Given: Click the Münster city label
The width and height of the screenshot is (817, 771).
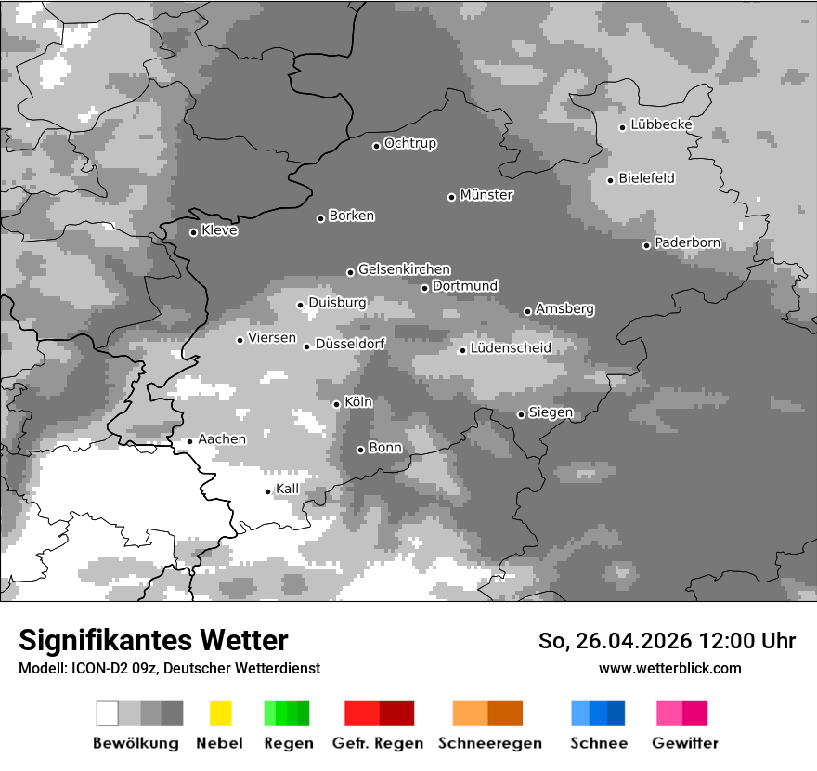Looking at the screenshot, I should pyautogui.click(x=486, y=195).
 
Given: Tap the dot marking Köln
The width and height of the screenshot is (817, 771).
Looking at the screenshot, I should pyautogui.click(x=336, y=404).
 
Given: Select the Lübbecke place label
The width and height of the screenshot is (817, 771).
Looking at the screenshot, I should pyautogui.click(x=661, y=124).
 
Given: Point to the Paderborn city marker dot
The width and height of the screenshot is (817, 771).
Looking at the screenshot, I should pyautogui.click(x=646, y=245).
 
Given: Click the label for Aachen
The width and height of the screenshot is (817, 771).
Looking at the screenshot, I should pyautogui.click(x=222, y=438).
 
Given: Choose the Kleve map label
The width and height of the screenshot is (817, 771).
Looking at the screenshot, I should pyautogui.click(x=219, y=230).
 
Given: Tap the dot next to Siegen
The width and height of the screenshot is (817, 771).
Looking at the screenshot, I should pyautogui.click(x=521, y=414).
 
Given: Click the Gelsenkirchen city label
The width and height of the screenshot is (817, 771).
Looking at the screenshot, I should pyautogui.click(x=404, y=269).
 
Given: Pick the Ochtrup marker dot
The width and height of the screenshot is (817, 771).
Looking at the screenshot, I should pyautogui.click(x=376, y=145).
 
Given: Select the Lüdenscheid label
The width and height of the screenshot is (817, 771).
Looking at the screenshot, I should pyautogui.click(x=511, y=348).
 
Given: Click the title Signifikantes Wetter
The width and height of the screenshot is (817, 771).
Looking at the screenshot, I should pyautogui.click(x=153, y=641).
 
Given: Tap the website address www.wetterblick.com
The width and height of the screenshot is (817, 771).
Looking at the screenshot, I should pyautogui.click(x=669, y=668).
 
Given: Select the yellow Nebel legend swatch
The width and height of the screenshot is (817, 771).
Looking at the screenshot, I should pyautogui.click(x=220, y=713).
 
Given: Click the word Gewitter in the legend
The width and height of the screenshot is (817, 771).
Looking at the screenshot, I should pyautogui.click(x=685, y=743).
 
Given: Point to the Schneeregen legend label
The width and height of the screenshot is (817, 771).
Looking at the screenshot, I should pyautogui.click(x=489, y=743).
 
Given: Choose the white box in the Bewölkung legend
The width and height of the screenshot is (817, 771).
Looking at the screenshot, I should pyautogui.click(x=107, y=713).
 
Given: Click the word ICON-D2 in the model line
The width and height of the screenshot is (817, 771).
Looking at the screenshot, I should pyautogui.click(x=95, y=668).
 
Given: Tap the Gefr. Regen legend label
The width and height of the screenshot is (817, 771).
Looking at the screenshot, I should pyautogui.click(x=378, y=743).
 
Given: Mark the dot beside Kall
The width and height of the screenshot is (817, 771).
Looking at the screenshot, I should pyautogui.click(x=267, y=491).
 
